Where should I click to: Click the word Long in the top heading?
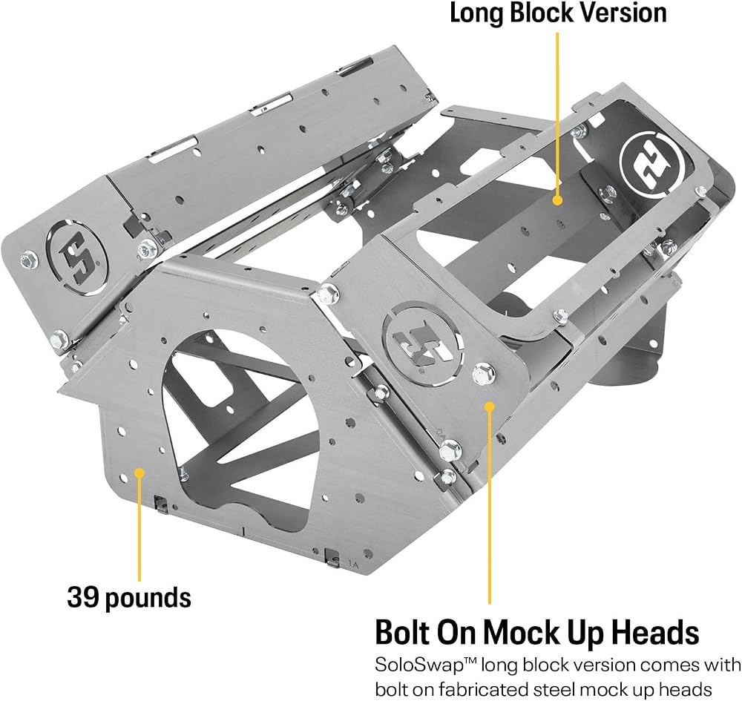pyautogui.click(x=477, y=13)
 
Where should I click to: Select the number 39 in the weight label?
pyautogui.click(x=83, y=597)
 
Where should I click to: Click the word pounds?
pyautogui.click(x=148, y=598)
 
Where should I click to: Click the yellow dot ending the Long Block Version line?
pyautogui.click(x=557, y=200)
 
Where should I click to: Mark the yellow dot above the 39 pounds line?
pyautogui.click(x=139, y=472)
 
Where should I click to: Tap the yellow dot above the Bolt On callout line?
pyautogui.click(x=490, y=406)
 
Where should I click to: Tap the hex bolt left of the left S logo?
pyautogui.click(x=29, y=260)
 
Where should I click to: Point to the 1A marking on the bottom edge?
pyautogui.click(x=353, y=563)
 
